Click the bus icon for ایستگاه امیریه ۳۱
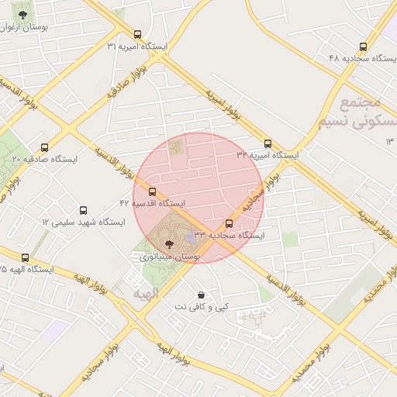[x=137, y=35]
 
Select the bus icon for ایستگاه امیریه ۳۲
[x=268, y=143]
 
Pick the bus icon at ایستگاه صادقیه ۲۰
[x=44, y=147]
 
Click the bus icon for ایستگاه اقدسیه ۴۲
[x=152, y=192]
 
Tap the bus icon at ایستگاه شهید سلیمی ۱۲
[x=84, y=210]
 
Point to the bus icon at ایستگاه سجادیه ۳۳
[x=229, y=223]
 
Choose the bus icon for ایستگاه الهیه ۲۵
[x=26, y=257]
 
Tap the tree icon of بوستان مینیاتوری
[x=171, y=243]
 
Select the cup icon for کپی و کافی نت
[x=202, y=295]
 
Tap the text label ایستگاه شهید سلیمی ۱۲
[x=83, y=222]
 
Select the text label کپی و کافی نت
[x=202, y=307]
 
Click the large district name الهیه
[x=145, y=295]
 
